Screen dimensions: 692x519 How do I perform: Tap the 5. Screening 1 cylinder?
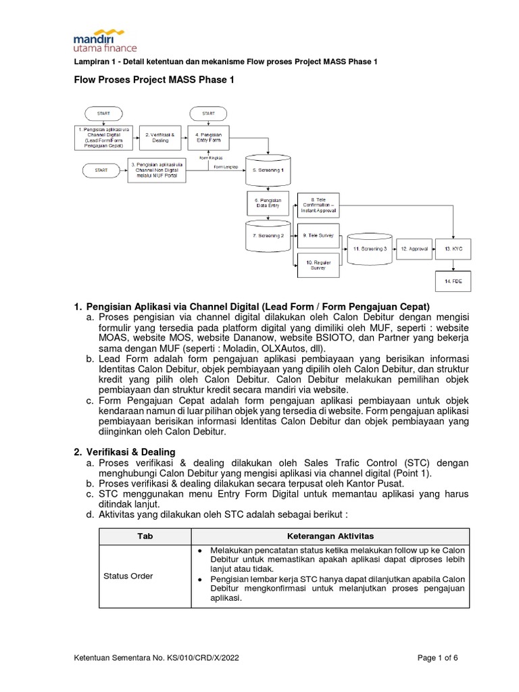(268, 170)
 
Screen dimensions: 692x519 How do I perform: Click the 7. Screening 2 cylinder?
(268, 236)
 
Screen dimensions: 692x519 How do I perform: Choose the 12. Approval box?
(415, 249)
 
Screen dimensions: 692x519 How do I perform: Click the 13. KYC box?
(451, 249)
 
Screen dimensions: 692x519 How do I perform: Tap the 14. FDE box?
(451, 281)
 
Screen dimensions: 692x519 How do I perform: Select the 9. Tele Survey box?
(318, 235)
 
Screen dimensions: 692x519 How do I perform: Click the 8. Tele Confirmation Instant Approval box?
(318, 205)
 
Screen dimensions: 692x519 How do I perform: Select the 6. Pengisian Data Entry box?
(268, 203)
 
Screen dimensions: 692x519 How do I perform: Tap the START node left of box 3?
(101, 171)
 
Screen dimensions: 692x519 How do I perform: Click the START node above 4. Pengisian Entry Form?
(208, 113)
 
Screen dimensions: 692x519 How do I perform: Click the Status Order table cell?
(128, 576)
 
